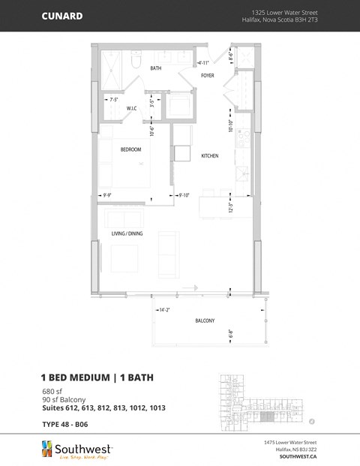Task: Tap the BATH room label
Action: pos(156,68)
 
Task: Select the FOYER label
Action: pos(208,76)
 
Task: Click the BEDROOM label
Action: pos(131,149)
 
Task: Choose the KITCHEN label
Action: pos(209,155)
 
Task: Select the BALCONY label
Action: pos(205,320)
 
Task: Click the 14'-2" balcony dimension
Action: pos(163,309)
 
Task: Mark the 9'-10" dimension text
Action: pos(184,196)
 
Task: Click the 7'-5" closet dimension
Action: pos(115,99)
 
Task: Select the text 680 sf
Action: pos(49,391)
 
